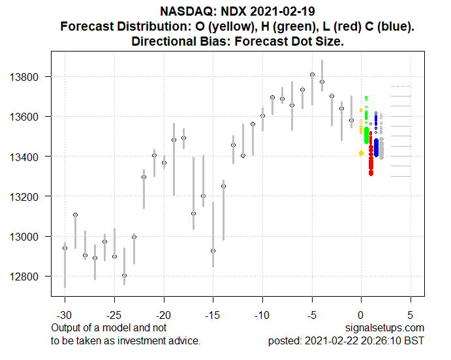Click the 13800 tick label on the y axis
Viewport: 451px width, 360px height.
tap(27, 77)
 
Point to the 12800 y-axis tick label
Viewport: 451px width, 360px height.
tap(27, 277)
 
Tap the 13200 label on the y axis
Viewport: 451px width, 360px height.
tap(27, 197)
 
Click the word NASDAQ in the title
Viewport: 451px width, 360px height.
tap(184, 11)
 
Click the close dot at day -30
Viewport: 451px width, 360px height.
tap(65, 248)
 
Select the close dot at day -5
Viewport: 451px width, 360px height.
tap(312, 75)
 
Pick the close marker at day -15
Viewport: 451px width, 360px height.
tap(213, 250)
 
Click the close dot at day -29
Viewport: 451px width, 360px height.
tap(75, 215)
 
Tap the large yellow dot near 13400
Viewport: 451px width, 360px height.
tap(361, 153)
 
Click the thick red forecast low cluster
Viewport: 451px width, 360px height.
tap(371, 160)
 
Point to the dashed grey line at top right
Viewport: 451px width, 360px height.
tap(400, 86)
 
